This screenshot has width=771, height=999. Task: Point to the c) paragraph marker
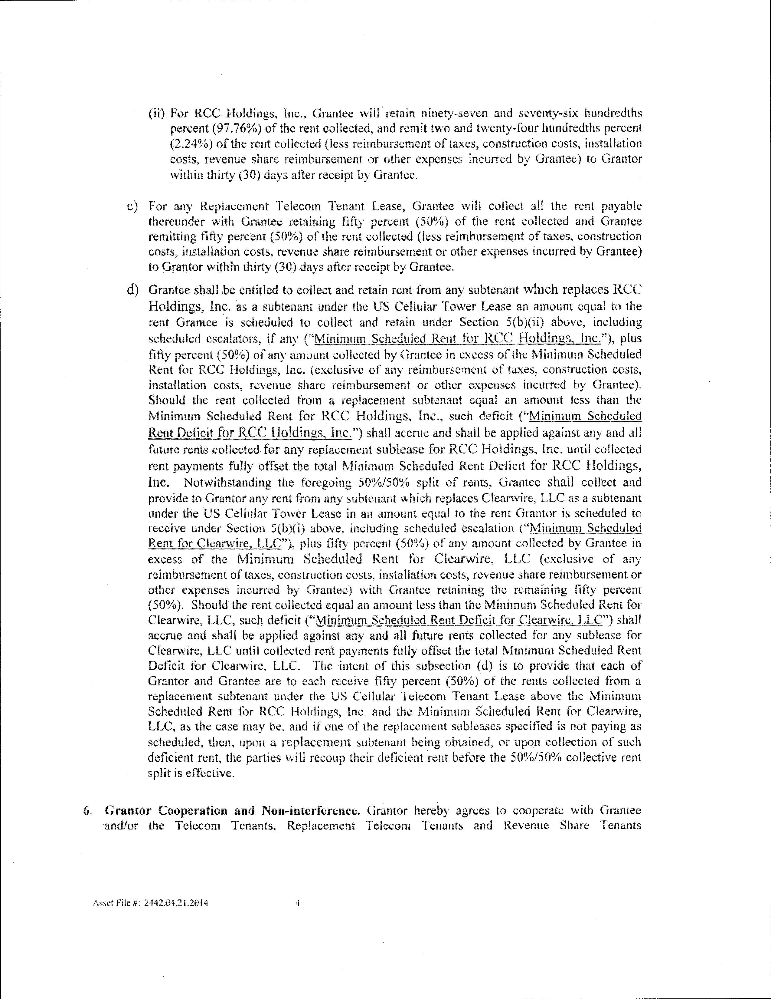132,206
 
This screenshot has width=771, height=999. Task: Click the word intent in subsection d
364,665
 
